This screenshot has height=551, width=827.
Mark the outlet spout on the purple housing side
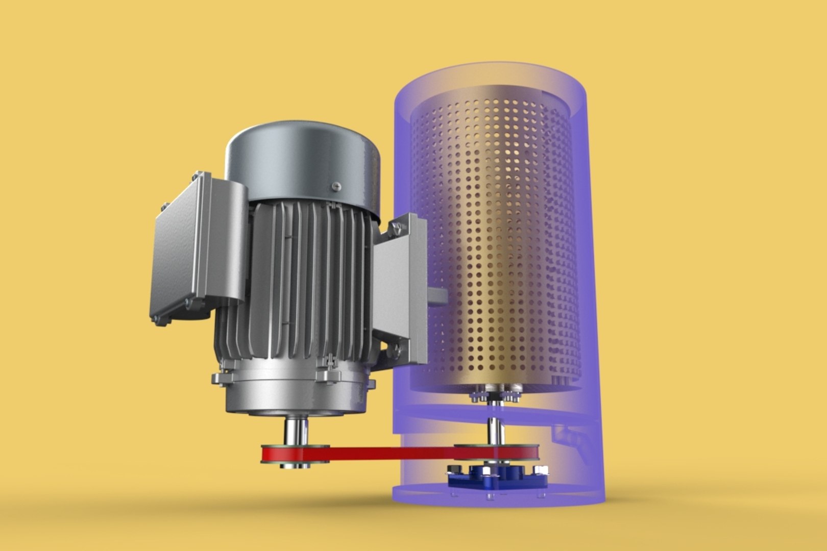point(572,439)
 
